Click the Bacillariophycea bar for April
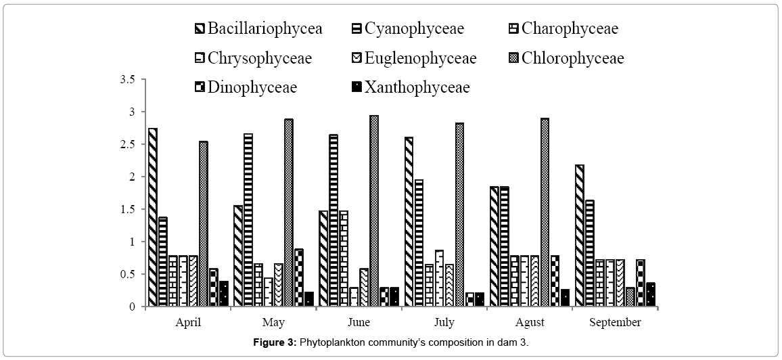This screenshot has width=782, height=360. (x=153, y=217)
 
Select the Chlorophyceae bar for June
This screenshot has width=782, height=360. (x=373, y=210)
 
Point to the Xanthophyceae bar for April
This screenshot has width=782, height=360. (x=223, y=294)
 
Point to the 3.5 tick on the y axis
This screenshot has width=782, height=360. (x=128, y=79)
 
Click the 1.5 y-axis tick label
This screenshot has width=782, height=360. (x=128, y=209)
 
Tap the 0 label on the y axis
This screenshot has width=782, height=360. (x=133, y=307)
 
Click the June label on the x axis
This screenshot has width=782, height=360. (x=359, y=322)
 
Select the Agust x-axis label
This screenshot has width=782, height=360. (x=529, y=322)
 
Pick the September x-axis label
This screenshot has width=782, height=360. (x=614, y=322)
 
